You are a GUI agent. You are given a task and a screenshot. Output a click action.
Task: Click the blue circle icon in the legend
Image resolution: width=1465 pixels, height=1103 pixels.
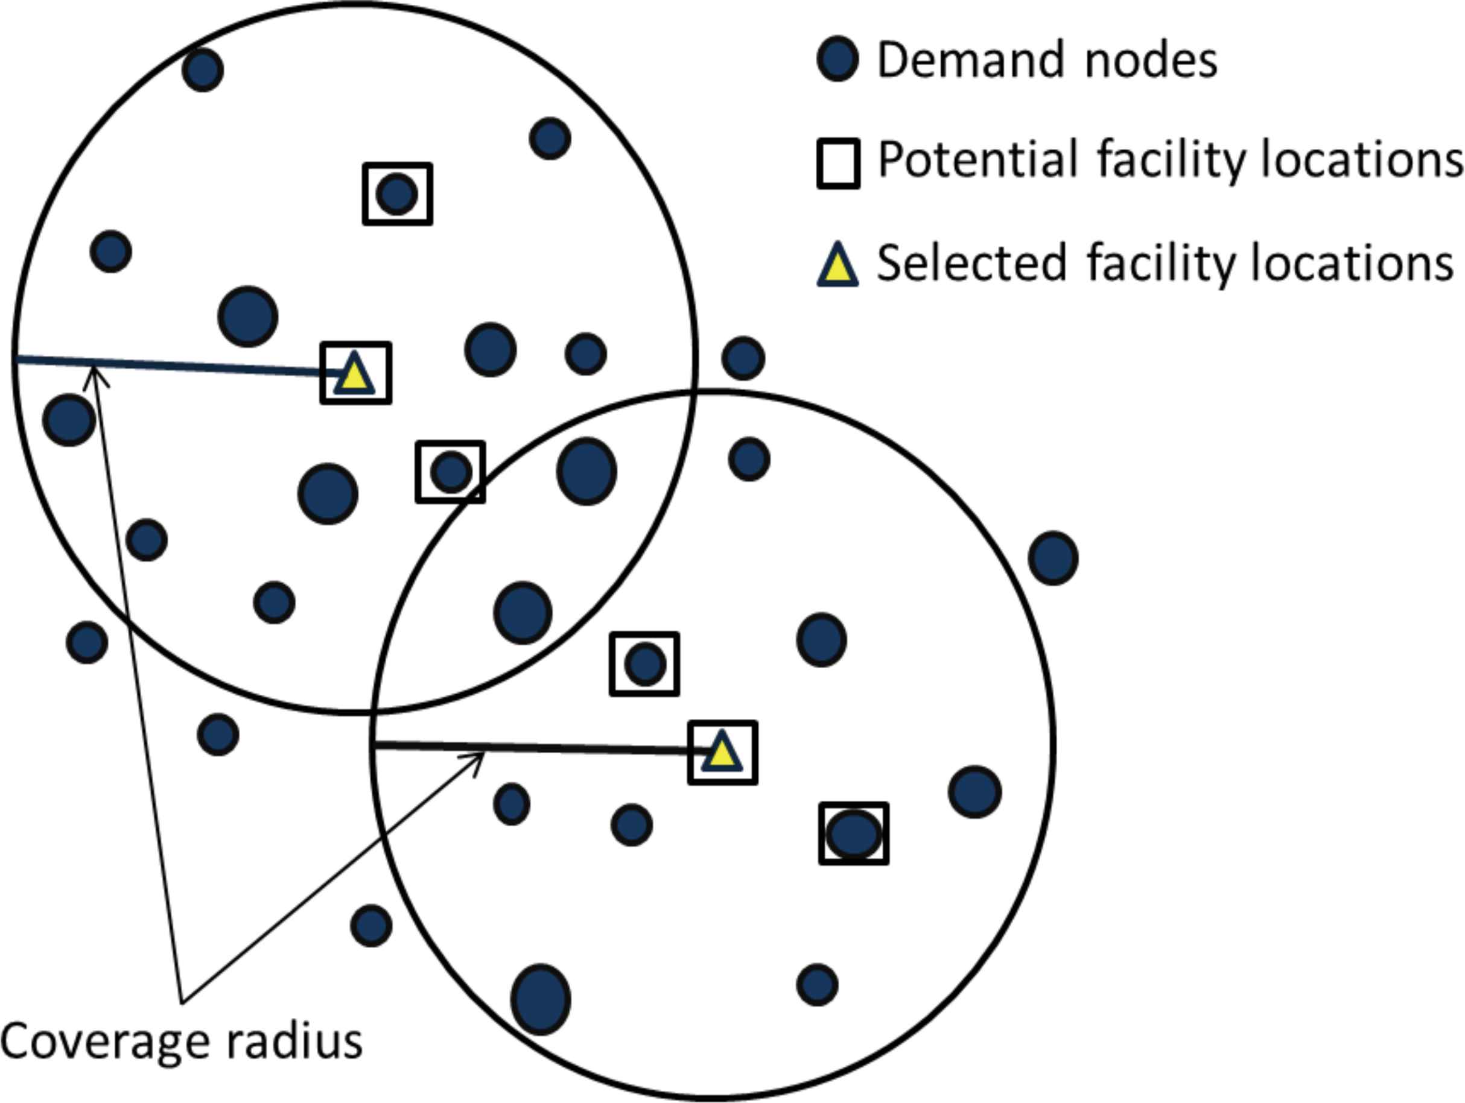pyautogui.click(x=838, y=59)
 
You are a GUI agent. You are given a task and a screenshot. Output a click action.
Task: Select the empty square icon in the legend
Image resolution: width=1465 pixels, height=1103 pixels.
pyautogui.click(x=839, y=163)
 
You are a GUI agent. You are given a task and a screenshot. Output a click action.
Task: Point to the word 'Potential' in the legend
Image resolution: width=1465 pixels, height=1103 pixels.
pyautogui.click(x=977, y=160)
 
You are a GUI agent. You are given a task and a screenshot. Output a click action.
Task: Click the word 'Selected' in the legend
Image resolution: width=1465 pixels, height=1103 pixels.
pyautogui.click(x=971, y=263)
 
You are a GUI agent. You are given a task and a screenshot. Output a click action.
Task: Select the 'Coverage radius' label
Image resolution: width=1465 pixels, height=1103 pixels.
pyautogui.click(x=182, y=1041)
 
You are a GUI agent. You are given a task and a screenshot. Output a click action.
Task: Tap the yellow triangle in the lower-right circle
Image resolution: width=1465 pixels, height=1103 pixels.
pyautogui.click(x=722, y=753)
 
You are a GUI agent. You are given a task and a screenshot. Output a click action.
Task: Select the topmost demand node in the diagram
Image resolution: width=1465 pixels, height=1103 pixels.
pyautogui.click(x=203, y=69)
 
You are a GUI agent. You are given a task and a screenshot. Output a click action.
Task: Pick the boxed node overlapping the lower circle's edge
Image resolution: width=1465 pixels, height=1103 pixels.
pyautogui.click(x=451, y=472)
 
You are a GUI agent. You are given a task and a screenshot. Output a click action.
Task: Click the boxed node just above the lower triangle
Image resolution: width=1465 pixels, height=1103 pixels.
pyautogui.click(x=644, y=664)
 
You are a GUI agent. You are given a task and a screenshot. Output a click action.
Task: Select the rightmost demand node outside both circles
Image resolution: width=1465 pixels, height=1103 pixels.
pyautogui.click(x=1053, y=557)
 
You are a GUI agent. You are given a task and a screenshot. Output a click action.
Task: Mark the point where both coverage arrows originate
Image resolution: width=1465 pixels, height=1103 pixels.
pyautogui.click(x=182, y=1002)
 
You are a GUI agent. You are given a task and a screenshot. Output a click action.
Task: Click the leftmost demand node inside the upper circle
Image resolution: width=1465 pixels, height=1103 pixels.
pyautogui.click(x=69, y=419)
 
